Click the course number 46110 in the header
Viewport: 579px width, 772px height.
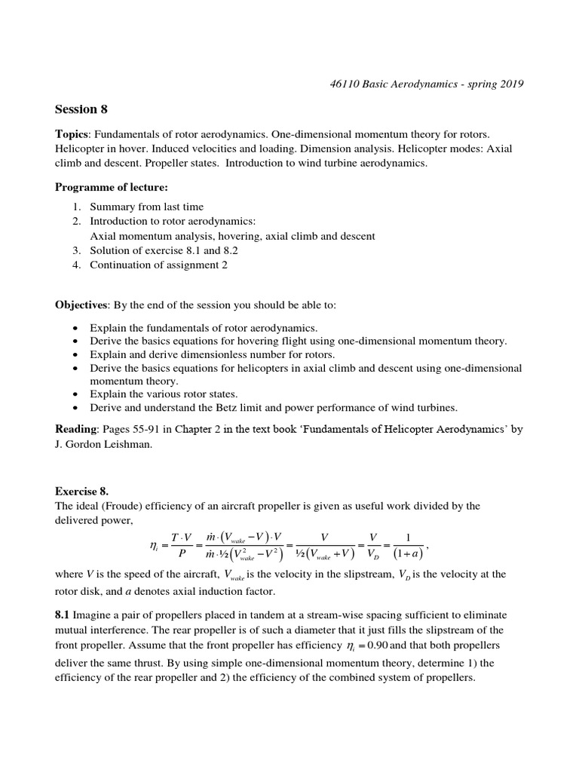(337, 84)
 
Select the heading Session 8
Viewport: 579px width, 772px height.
(81, 109)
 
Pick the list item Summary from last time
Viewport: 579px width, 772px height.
(146, 207)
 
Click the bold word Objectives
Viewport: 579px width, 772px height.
(81, 305)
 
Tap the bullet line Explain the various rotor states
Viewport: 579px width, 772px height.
(164, 394)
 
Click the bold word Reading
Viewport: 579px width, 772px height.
(76, 429)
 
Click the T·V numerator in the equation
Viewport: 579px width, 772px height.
(181, 537)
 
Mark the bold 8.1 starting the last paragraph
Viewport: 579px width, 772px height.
(63, 614)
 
